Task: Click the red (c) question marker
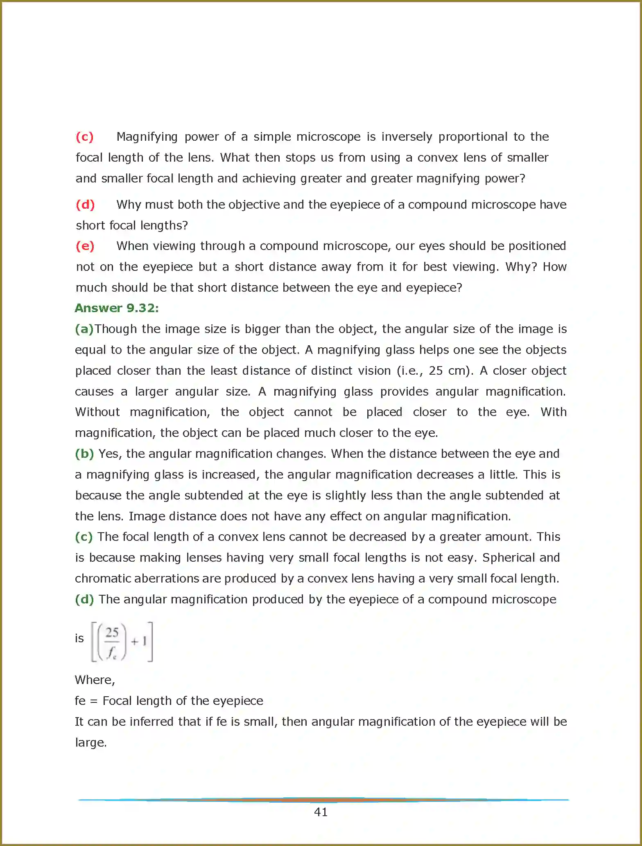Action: coord(85,137)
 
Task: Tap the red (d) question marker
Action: coord(85,205)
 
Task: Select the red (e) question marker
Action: coord(85,246)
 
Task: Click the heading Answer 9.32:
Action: coord(117,308)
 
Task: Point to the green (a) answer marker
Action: coord(84,329)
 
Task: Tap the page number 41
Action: coord(321,812)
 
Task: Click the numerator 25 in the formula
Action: coord(112,632)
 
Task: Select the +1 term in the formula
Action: coord(139,641)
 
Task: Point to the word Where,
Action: coord(95,680)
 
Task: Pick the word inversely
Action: coord(407,137)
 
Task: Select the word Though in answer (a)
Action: coord(116,329)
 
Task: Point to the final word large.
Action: coord(91,742)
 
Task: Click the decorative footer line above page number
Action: coord(323,799)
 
